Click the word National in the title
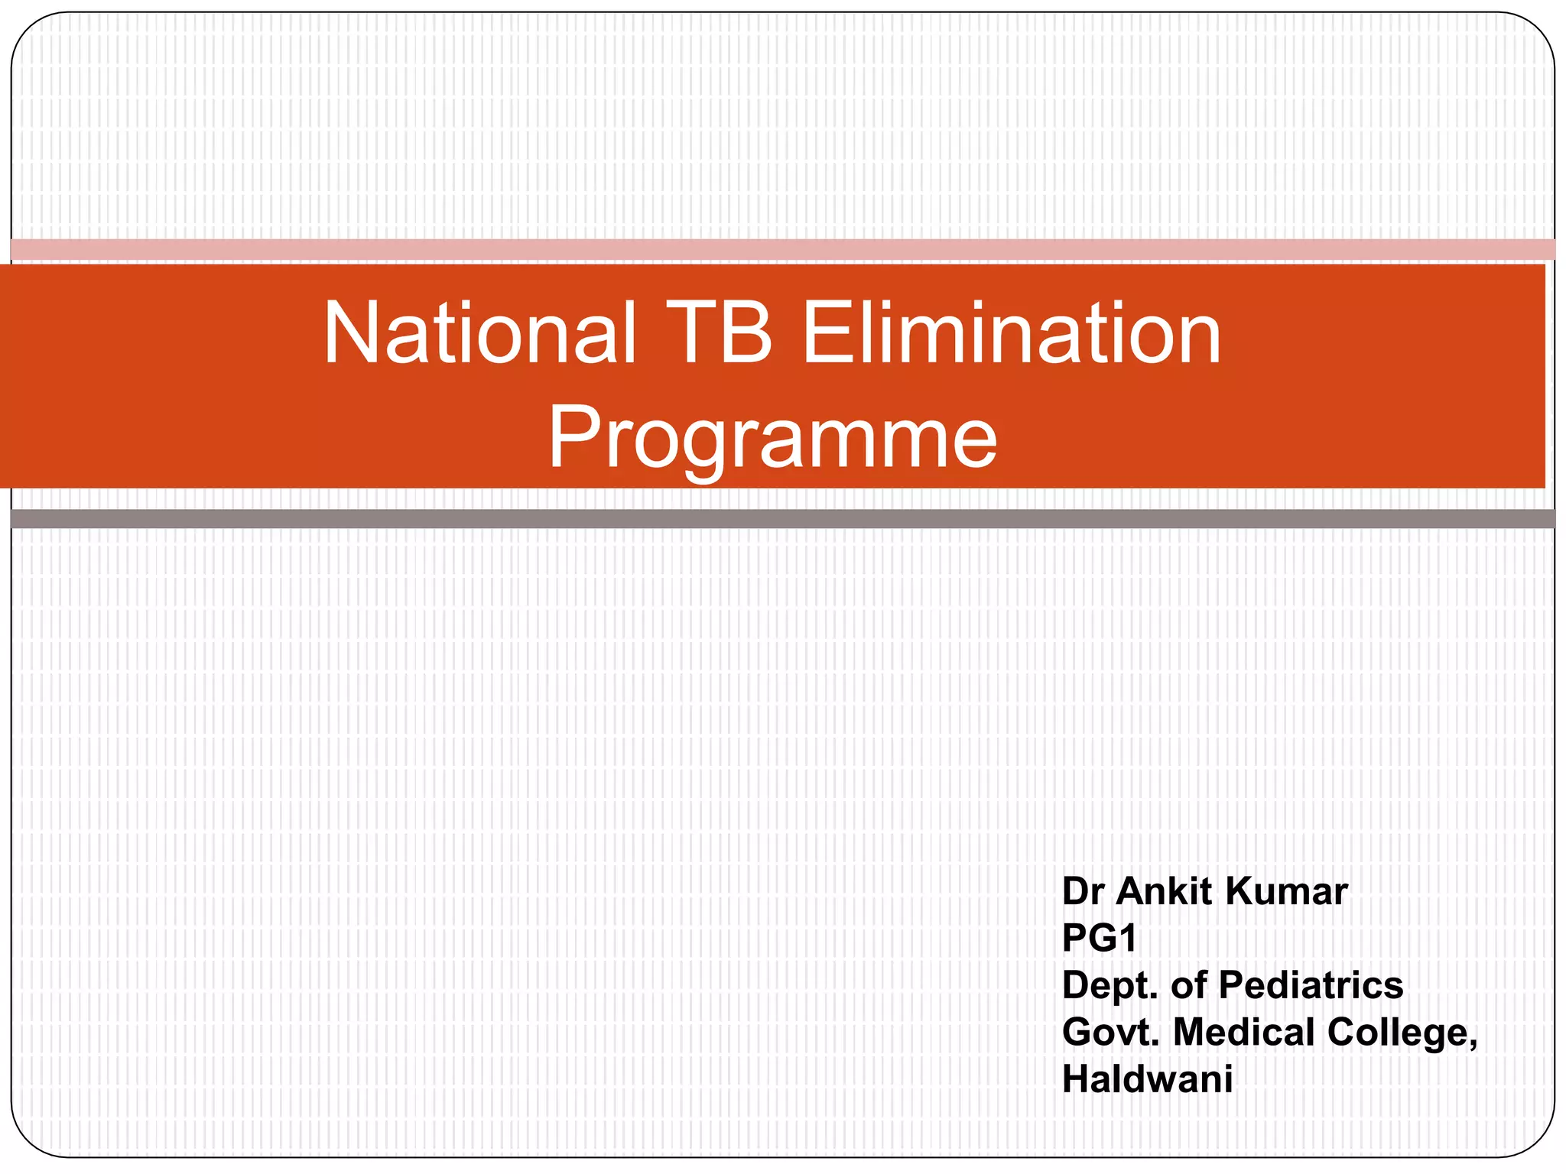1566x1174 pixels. [479, 333]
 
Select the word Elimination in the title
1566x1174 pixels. [1011, 333]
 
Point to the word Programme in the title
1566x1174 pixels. [772, 438]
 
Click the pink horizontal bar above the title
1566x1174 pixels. [783, 249]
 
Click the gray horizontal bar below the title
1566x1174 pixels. [783, 519]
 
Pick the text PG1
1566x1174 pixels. [1099, 938]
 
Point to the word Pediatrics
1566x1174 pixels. [1311, 985]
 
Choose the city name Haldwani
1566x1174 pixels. [1147, 1079]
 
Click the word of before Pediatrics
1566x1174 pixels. [1189, 985]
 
